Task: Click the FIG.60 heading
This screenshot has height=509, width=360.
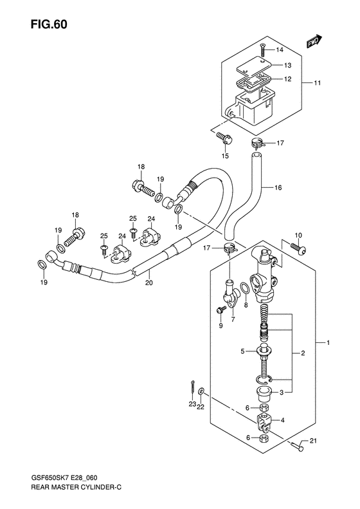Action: tap(50, 24)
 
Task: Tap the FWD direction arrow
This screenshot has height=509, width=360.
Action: tap(314, 41)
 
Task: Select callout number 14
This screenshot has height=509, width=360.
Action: tap(280, 50)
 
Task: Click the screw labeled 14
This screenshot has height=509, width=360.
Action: tap(263, 50)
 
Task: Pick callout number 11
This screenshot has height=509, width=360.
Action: tap(317, 83)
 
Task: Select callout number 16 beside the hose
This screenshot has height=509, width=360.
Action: tap(278, 188)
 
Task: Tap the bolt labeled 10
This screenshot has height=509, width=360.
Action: tap(298, 249)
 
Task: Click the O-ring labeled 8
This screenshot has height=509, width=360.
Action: tap(245, 287)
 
